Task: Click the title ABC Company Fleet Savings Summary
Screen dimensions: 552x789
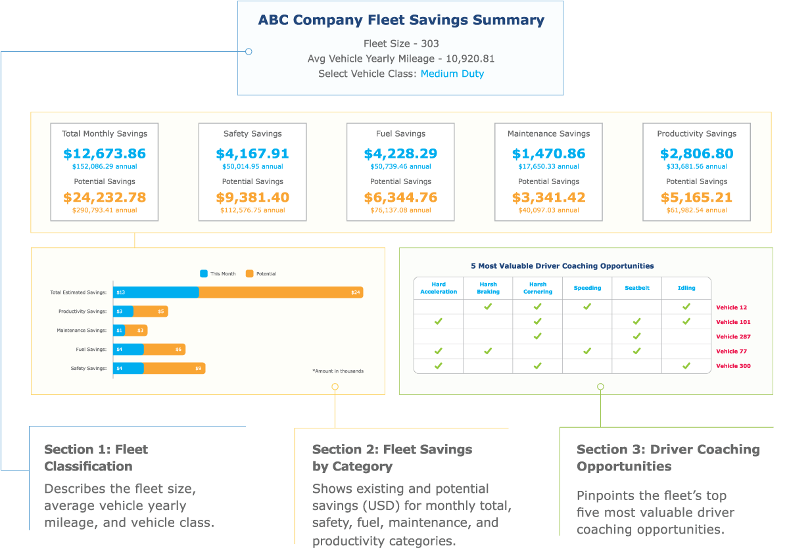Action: tap(401, 20)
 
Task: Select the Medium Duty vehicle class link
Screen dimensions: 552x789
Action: tap(452, 74)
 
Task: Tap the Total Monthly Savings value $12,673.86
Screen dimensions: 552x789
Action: tap(105, 154)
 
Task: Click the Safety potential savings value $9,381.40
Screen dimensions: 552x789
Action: tap(252, 197)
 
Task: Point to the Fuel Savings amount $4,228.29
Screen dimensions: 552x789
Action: tap(400, 154)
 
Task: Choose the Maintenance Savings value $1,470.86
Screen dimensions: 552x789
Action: tap(548, 154)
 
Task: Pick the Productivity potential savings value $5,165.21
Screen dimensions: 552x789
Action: tap(697, 197)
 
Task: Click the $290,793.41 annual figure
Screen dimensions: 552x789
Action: tap(105, 210)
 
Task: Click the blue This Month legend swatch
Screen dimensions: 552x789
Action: tap(204, 273)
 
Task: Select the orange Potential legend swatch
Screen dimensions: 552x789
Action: tap(249, 273)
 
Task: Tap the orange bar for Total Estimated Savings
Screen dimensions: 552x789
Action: tap(281, 292)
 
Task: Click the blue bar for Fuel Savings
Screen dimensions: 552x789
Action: tap(129, 350)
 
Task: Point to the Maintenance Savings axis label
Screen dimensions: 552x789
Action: tap(82, 331)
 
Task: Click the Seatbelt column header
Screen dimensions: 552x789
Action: tap(636, 288)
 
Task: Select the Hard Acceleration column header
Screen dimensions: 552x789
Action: tap(439, 288)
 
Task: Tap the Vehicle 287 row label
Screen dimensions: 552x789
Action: tap(733, 336)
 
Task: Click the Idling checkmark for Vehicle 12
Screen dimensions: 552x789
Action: tap(686, 306)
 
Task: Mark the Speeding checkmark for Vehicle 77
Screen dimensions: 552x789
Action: tap(587, 351)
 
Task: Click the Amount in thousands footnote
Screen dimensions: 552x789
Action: tap(338, 371)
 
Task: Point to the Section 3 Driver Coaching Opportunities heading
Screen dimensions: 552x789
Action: tap(667, 458)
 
